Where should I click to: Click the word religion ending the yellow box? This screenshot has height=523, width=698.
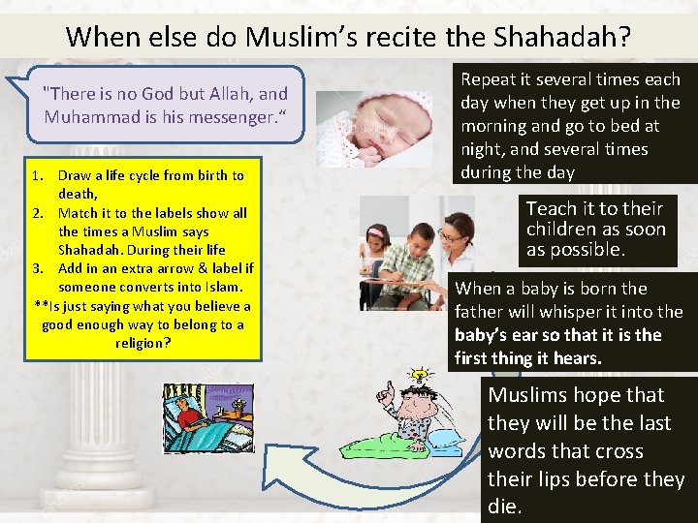(x=142, y=342)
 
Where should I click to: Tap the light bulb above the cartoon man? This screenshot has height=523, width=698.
(x=419, y=375)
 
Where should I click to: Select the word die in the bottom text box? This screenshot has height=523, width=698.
(x=504, y=507)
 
